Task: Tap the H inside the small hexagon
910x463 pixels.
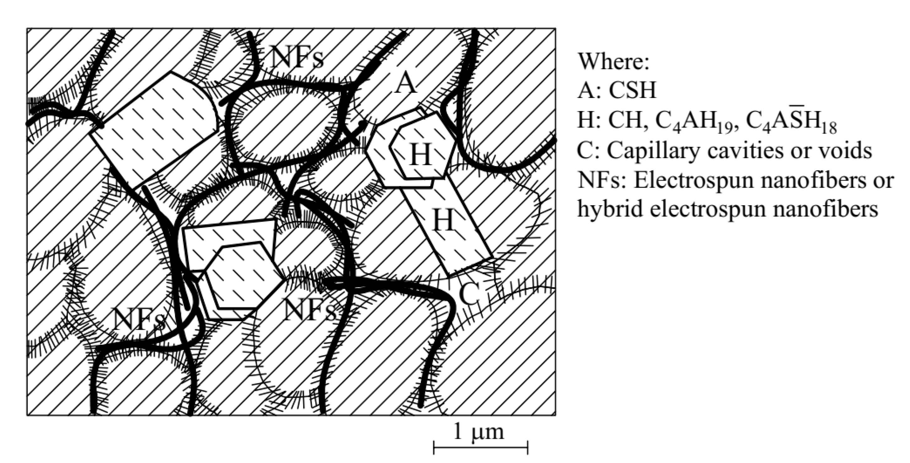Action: pos(420,156)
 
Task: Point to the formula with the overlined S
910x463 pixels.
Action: pos(791,122)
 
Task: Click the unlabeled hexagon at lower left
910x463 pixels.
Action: pos(244,279)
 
